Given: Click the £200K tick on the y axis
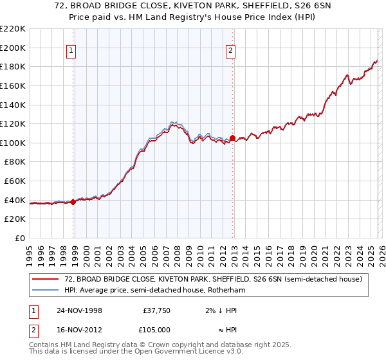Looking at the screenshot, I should click(13, 48).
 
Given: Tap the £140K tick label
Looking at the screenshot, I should click(13, 105).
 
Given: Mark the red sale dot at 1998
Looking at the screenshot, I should click(73, 202).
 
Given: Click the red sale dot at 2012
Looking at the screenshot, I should click(232, 138).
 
